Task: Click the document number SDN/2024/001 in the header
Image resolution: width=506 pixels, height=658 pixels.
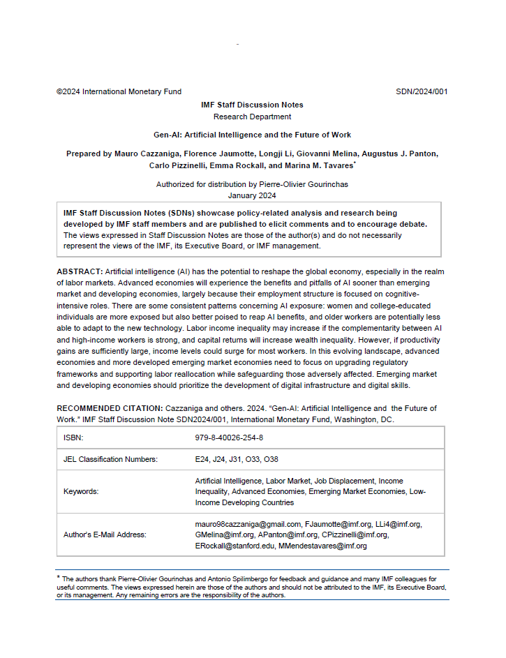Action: (422, 91)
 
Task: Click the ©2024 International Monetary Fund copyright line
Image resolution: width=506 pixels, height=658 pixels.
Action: (119, 91)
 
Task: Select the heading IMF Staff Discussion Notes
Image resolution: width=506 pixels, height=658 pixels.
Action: (252, 105)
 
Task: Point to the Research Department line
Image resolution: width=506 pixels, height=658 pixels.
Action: (252, 117)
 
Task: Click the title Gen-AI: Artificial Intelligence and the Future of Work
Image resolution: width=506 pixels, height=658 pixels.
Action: (252, 135)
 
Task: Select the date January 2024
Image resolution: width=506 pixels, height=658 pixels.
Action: (252, 196)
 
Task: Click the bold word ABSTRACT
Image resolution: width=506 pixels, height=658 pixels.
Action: (80, 271)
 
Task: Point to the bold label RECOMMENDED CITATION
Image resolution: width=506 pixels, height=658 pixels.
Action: (108, 408)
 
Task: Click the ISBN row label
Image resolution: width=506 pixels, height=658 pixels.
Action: (73, 438)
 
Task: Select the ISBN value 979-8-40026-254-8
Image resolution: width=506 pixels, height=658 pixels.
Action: (229, 438)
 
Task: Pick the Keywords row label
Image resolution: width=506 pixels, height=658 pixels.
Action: (81, 491)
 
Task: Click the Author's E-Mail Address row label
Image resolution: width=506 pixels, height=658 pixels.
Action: (105, 534)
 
